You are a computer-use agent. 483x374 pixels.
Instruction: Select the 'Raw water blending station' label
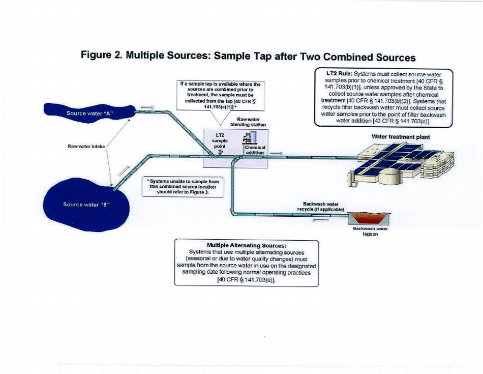click(x=248, y=122)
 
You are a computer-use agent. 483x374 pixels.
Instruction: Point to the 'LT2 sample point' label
click(x=220, y=139)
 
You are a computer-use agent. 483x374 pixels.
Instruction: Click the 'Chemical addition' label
click(x=255, y=150)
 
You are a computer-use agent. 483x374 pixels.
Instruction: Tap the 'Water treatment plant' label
click(x=401, y=137)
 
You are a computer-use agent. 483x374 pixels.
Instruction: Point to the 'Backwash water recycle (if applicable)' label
click(x=323, y=207)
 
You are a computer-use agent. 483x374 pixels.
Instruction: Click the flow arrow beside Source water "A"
click(x=146, y=107)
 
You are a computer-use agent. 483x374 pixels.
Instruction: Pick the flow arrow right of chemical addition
click(x=277, y=153)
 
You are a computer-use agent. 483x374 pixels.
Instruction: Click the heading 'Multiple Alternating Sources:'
click(x=246, y=245)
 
